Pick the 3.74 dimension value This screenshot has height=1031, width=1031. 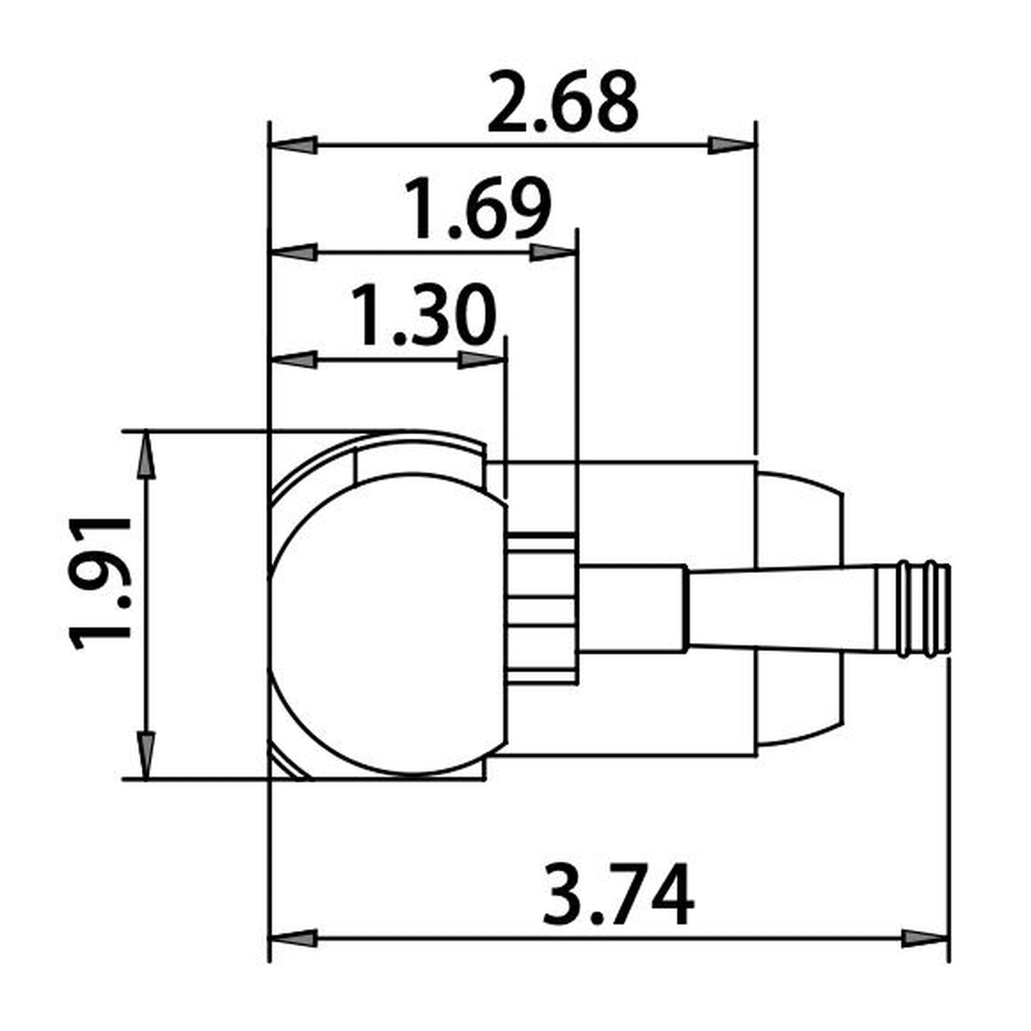coord(617,894)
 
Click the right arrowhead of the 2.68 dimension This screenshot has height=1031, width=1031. coord(731,146)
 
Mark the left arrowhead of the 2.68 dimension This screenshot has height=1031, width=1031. coord(293,146)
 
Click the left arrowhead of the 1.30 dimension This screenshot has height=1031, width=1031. coord(293,360)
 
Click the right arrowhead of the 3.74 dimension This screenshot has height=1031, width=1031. coord(925,938)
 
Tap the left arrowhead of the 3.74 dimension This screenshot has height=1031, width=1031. coord(293,938)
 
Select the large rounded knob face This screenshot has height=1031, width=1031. coord(389,624)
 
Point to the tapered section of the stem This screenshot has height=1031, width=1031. coord(781,608)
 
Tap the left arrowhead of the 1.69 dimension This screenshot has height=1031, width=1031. coord(293,253)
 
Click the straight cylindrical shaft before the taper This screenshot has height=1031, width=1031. coord(631,608)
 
